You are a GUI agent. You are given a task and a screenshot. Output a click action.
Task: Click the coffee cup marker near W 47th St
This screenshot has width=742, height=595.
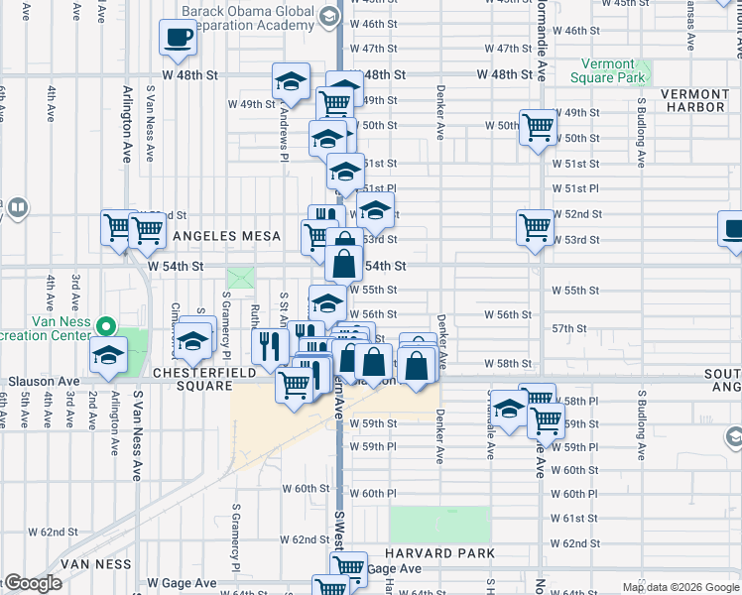coord(179,39)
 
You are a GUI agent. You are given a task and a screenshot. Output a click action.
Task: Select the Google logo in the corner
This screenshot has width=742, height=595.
coord(32,583)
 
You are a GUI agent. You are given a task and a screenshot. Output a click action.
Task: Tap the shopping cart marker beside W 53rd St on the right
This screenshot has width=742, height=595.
coord(535,227)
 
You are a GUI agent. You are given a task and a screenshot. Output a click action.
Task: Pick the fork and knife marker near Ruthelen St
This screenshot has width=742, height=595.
coord(268,346)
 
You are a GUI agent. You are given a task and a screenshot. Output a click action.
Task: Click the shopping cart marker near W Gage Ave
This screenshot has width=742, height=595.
coord(348,567)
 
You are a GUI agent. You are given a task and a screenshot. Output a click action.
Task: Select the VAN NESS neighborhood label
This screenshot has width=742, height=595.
coord(95,563)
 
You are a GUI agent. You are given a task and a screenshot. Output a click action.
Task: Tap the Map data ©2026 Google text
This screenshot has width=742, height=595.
coord(680,587)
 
